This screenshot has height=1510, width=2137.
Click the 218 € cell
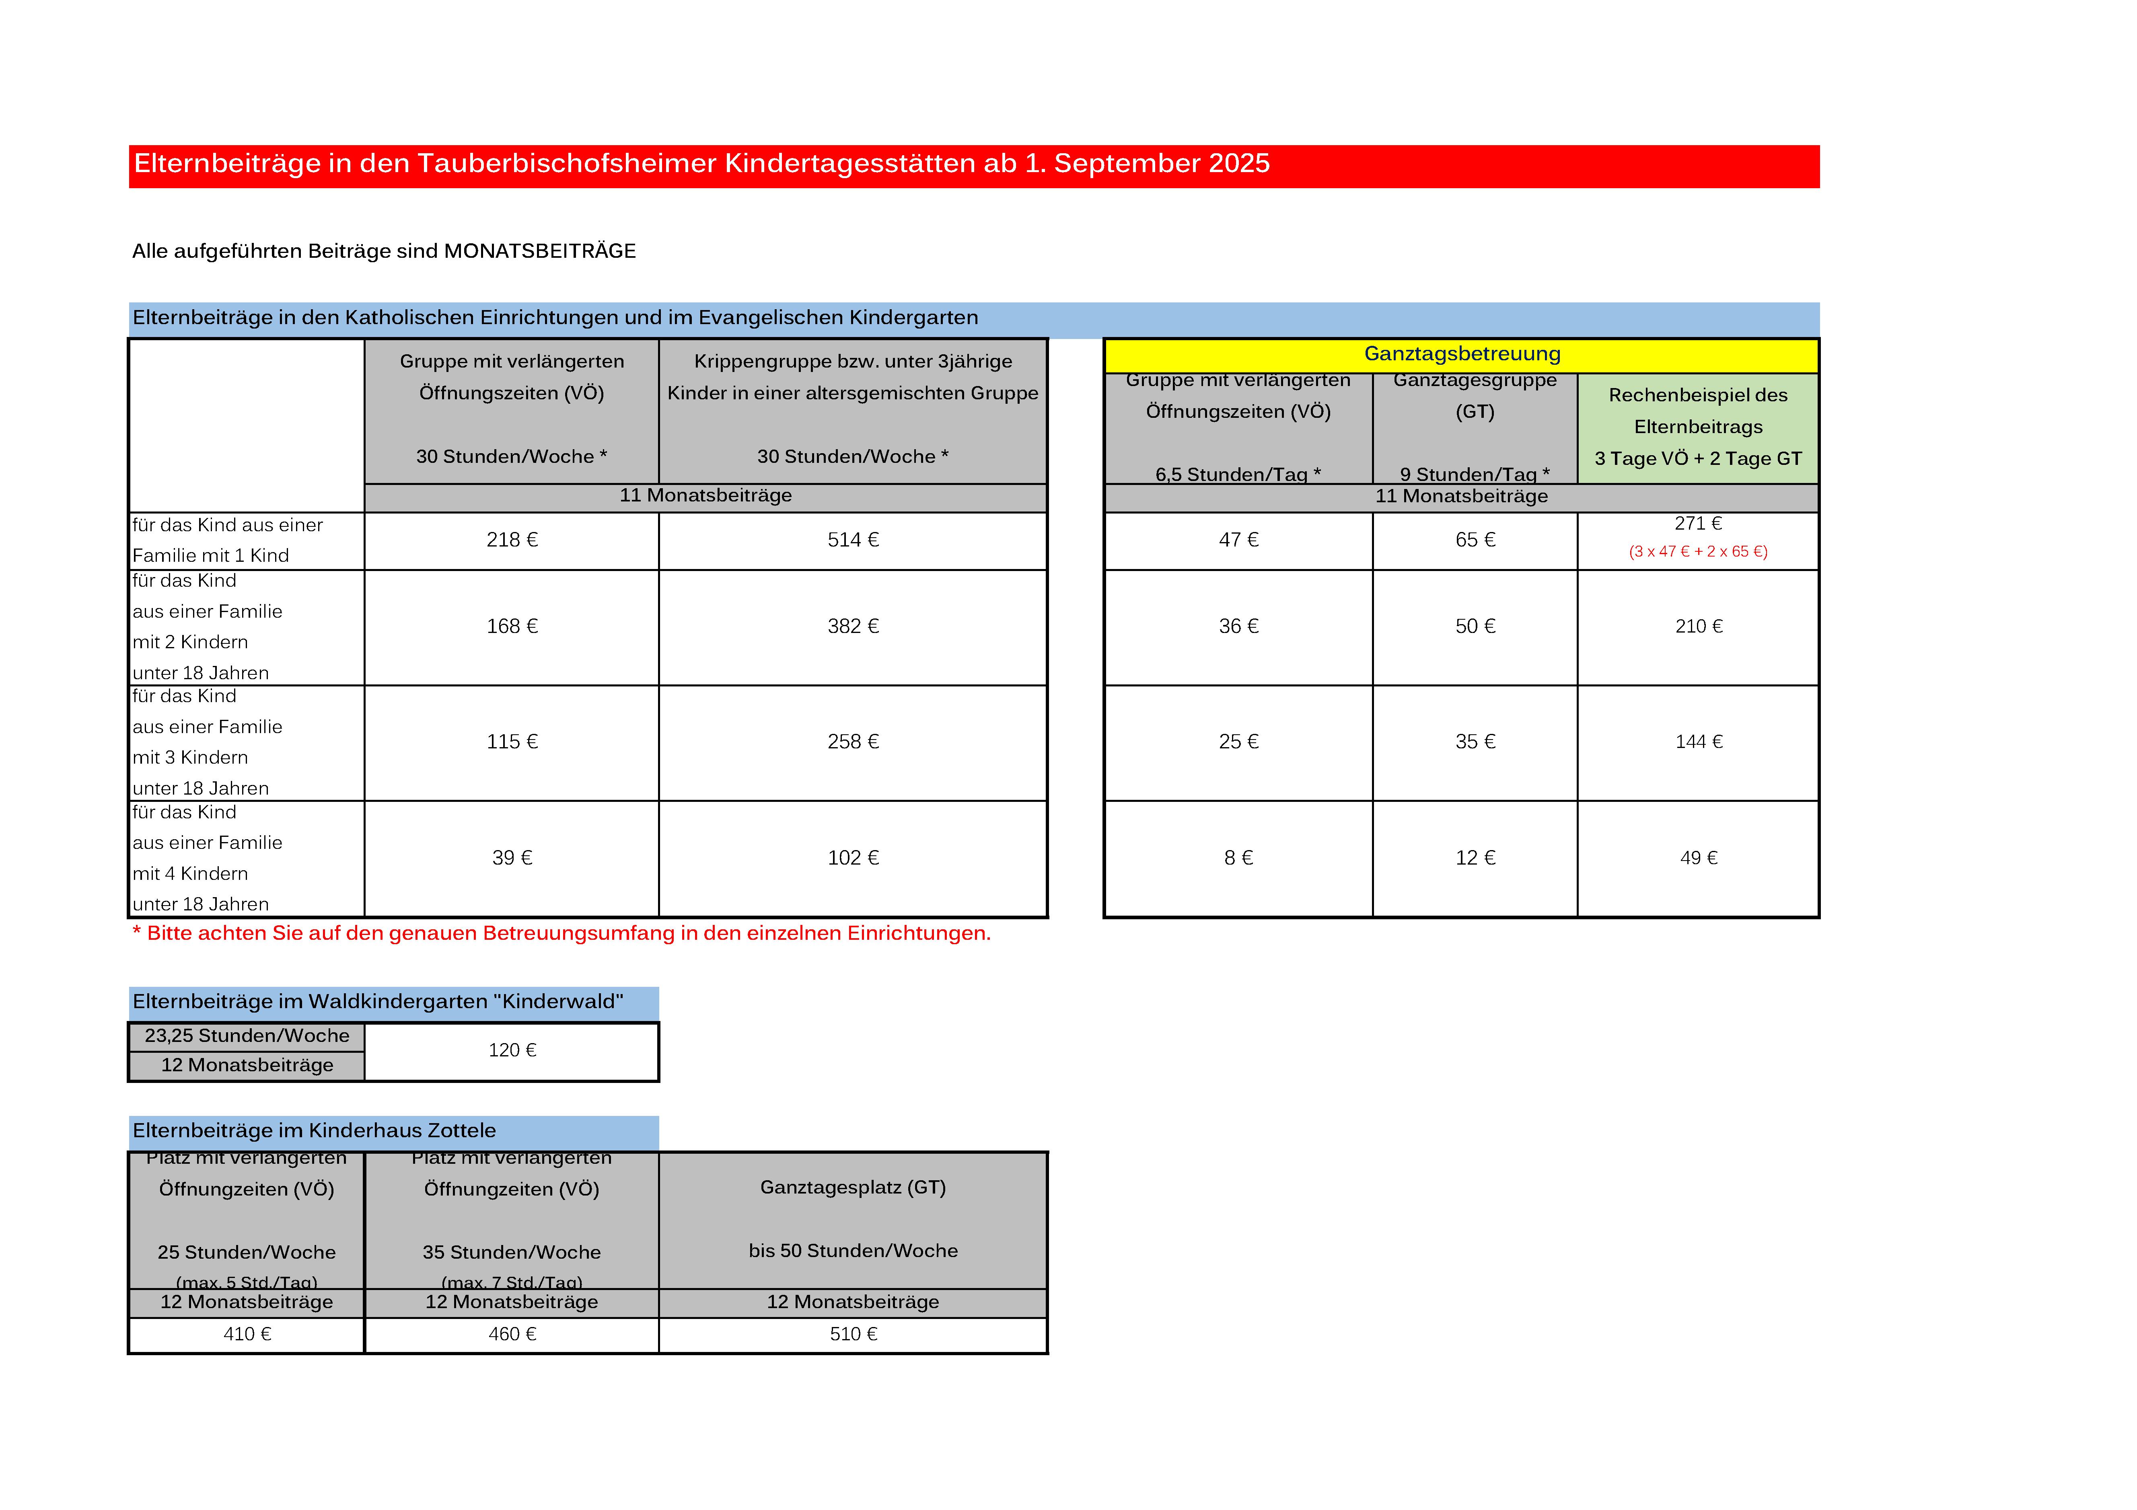point(512,540)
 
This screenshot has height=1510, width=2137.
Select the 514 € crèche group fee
point(853,540)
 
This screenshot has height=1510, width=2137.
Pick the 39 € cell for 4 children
point(512,858)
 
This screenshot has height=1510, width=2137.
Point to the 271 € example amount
point(1698,524)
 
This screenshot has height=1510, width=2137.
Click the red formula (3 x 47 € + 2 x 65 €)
point(1698,552)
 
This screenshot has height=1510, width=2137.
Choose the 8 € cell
point(1238,858)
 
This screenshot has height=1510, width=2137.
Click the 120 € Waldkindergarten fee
point(512,1050)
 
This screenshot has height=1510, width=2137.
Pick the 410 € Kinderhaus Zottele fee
point(247,1334)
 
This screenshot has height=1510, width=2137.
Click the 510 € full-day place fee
point(853,1334)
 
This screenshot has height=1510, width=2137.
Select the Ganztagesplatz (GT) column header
point(853,1188)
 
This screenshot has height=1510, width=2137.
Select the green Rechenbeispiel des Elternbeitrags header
point(1698,427)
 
